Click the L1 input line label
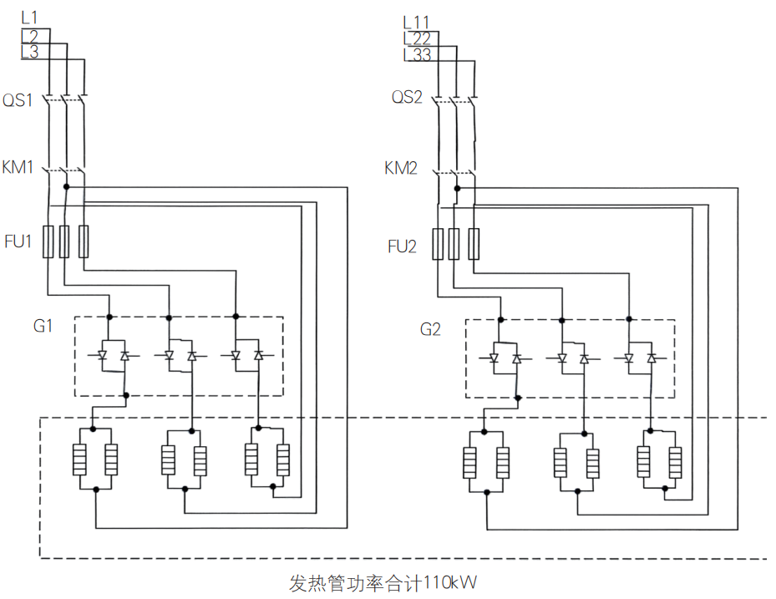click(x=29, y=18)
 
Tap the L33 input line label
click(x=417, y=54)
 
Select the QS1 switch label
click(x=18, y=100)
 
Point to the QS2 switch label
click(x=407, y=97)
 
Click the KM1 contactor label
click(x=18, y=167)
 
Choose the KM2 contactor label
click(x=401, y=168)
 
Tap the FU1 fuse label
click(x=18, y=241)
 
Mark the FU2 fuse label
click(x=402, y=246)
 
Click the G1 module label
click(x=43, y=326)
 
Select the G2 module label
click(x=430, y=329)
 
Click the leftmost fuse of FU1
click(x=48, y=241)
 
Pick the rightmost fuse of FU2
click(x=474, y=244)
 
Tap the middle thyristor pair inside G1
click(x=180, y=355)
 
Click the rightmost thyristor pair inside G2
click(x=640, y=358)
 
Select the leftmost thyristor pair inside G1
click(x=114, y=355)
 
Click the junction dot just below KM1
click(x=66, y=186)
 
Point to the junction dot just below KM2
click(x=457, y=189)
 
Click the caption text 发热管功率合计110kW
click(x=383, y=582)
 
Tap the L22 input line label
click(x=417, y=38)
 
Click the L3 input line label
click(x=30, y=52)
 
